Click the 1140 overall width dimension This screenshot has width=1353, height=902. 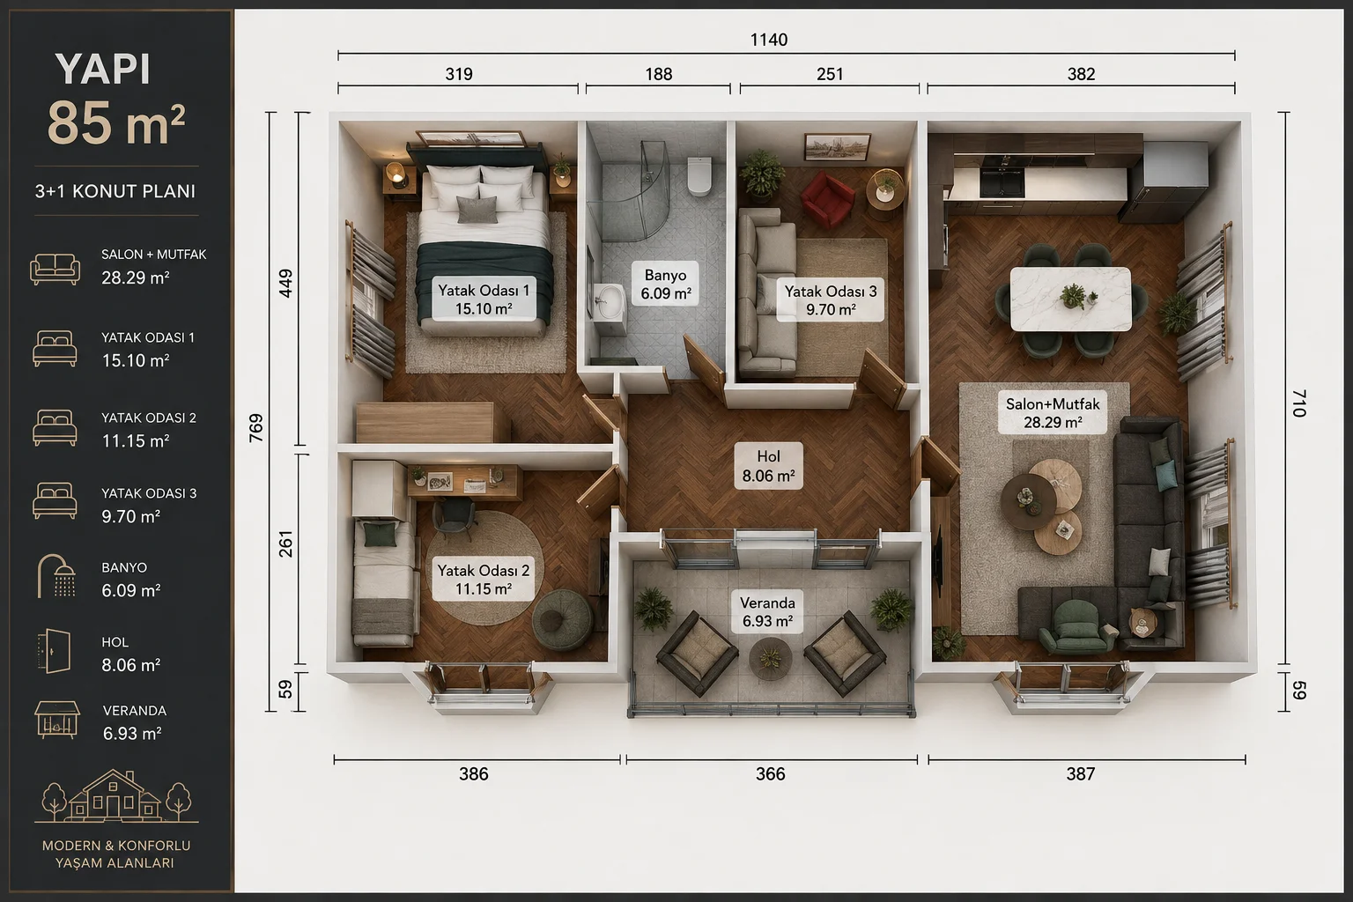tap(768, 40)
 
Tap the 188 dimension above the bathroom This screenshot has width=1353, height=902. tap(658, 74)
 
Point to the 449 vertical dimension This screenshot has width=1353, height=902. tap(285, 283)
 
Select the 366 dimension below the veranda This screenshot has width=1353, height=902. tap(770, 774)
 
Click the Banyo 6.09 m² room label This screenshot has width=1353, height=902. tap(665, 285)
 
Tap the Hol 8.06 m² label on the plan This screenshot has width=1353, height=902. tap(768, 466)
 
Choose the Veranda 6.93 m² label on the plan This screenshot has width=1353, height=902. tap(767, 611)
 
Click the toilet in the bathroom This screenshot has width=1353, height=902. tap(699, 176)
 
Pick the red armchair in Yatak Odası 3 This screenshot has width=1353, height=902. tap(827, 199)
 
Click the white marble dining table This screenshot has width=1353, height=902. tap(1070, 299)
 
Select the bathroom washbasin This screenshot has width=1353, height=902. tap(610, 302)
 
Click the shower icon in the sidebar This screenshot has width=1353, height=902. tap(56, 577)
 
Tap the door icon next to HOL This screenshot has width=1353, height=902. tap(54, 651)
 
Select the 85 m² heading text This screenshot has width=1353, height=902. tap(116, 122)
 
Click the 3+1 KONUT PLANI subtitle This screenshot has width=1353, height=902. tap(115, 191)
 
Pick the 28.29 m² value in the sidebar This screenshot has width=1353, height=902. tap(136, 277)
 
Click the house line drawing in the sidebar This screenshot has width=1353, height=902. tap(116, 795)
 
